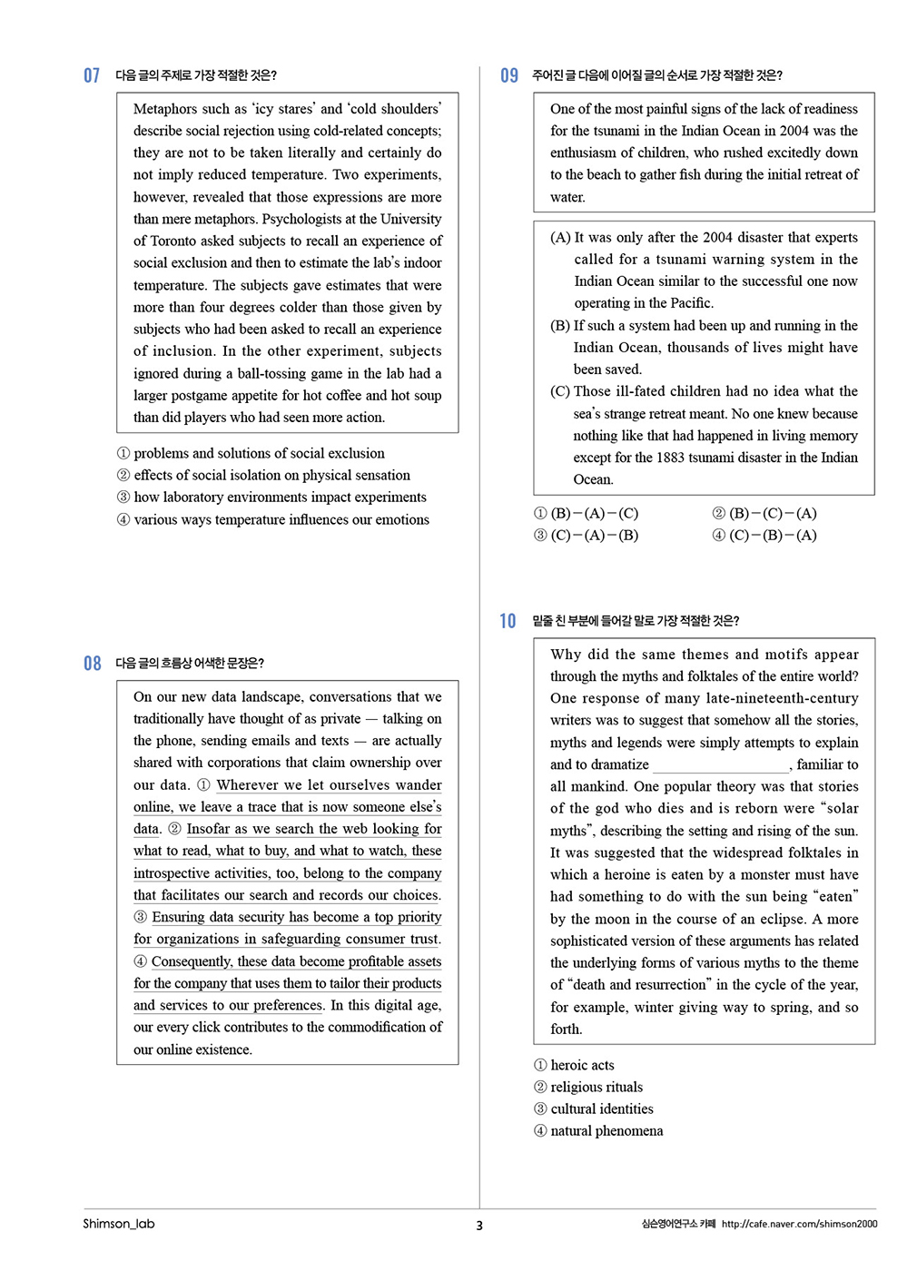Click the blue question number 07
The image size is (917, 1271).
point(92,75)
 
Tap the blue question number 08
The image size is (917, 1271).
point(92,664)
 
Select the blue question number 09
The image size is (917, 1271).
point(509,75)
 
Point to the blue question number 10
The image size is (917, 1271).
point(508,621)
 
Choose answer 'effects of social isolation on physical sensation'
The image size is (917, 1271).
point(271,475)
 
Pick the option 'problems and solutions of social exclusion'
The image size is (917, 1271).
point(259,453)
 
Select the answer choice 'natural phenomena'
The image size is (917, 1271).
point(606,1131)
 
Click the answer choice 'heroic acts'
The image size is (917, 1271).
point(582,1065)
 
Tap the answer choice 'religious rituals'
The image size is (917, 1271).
point(597,1087)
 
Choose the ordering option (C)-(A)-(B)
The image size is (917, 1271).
point(594,536)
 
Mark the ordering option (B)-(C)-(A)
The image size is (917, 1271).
point(773,514)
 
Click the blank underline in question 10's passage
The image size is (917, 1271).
point(720,765)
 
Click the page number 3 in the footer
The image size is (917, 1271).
point(479,1226)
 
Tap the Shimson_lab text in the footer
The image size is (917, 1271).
point(119,1224)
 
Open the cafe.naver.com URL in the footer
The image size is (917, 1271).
point(799,1224)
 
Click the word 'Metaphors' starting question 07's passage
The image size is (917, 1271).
point(164,109)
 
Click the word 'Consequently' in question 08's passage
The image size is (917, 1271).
point(192,961)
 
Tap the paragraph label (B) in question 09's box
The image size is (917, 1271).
point(560,326)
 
